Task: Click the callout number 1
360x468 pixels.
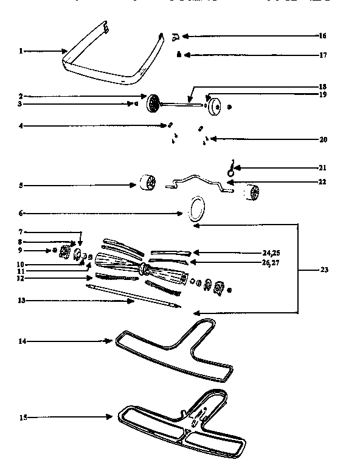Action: (x=20, y=51)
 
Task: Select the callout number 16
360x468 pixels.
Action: (x=323, y=36)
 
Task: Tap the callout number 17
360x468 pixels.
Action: (x=323, y=55)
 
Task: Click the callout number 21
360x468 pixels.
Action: (x=323, y=167)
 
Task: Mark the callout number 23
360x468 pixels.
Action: (x=323, y=270)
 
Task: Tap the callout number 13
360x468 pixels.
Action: (x=20, y=301)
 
